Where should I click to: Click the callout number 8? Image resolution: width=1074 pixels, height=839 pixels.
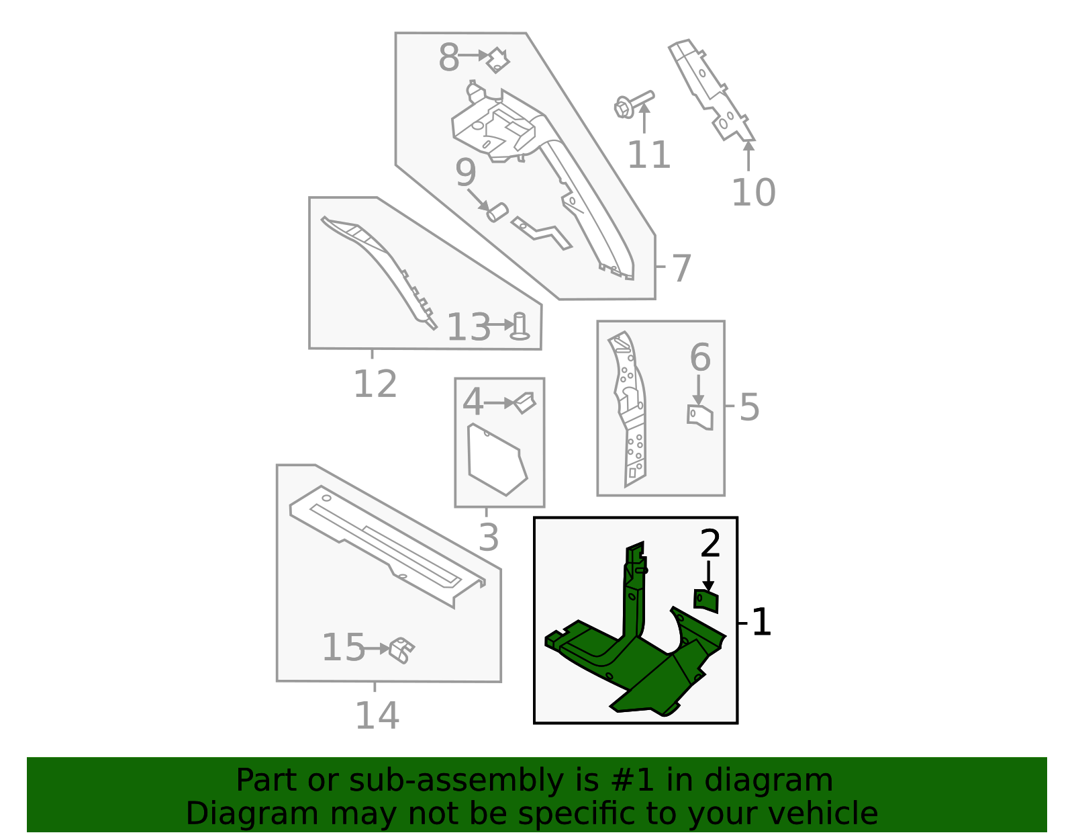click(x=448, y=58)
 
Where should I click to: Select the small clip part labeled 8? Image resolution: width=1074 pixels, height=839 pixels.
click(x=498, y=60)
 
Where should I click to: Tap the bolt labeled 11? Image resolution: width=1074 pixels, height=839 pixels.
click(x=632, y=105)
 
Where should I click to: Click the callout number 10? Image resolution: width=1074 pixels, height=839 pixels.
click(x=752, y=193)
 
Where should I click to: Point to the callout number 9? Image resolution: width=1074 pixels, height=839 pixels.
click(x=465, y=173)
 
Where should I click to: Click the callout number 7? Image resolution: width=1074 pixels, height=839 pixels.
click(x=681, y=268)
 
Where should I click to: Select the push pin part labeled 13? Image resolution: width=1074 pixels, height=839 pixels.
click(x=520, y=326)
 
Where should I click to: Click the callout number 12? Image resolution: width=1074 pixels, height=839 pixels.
click(x=375, y=384)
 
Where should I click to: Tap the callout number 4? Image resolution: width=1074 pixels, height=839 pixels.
click(x=473, y=402)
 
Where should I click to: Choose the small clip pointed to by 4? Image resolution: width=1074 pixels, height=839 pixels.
click(x=525, y=402)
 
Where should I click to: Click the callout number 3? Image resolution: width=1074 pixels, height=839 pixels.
click(x=489, y=537)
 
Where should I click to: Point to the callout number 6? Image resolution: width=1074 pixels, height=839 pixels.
click(x=700, y=357)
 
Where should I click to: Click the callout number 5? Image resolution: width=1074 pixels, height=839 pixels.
click(x=749, y=407)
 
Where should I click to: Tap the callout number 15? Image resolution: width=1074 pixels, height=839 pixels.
click(x=343, y=648)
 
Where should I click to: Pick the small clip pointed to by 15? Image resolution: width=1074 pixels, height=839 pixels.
click(x=401, y=650)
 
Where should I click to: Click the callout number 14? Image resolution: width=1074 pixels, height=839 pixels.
click(x=377, y=715)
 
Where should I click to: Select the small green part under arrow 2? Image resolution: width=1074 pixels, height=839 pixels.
click(x=706, y=601)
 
